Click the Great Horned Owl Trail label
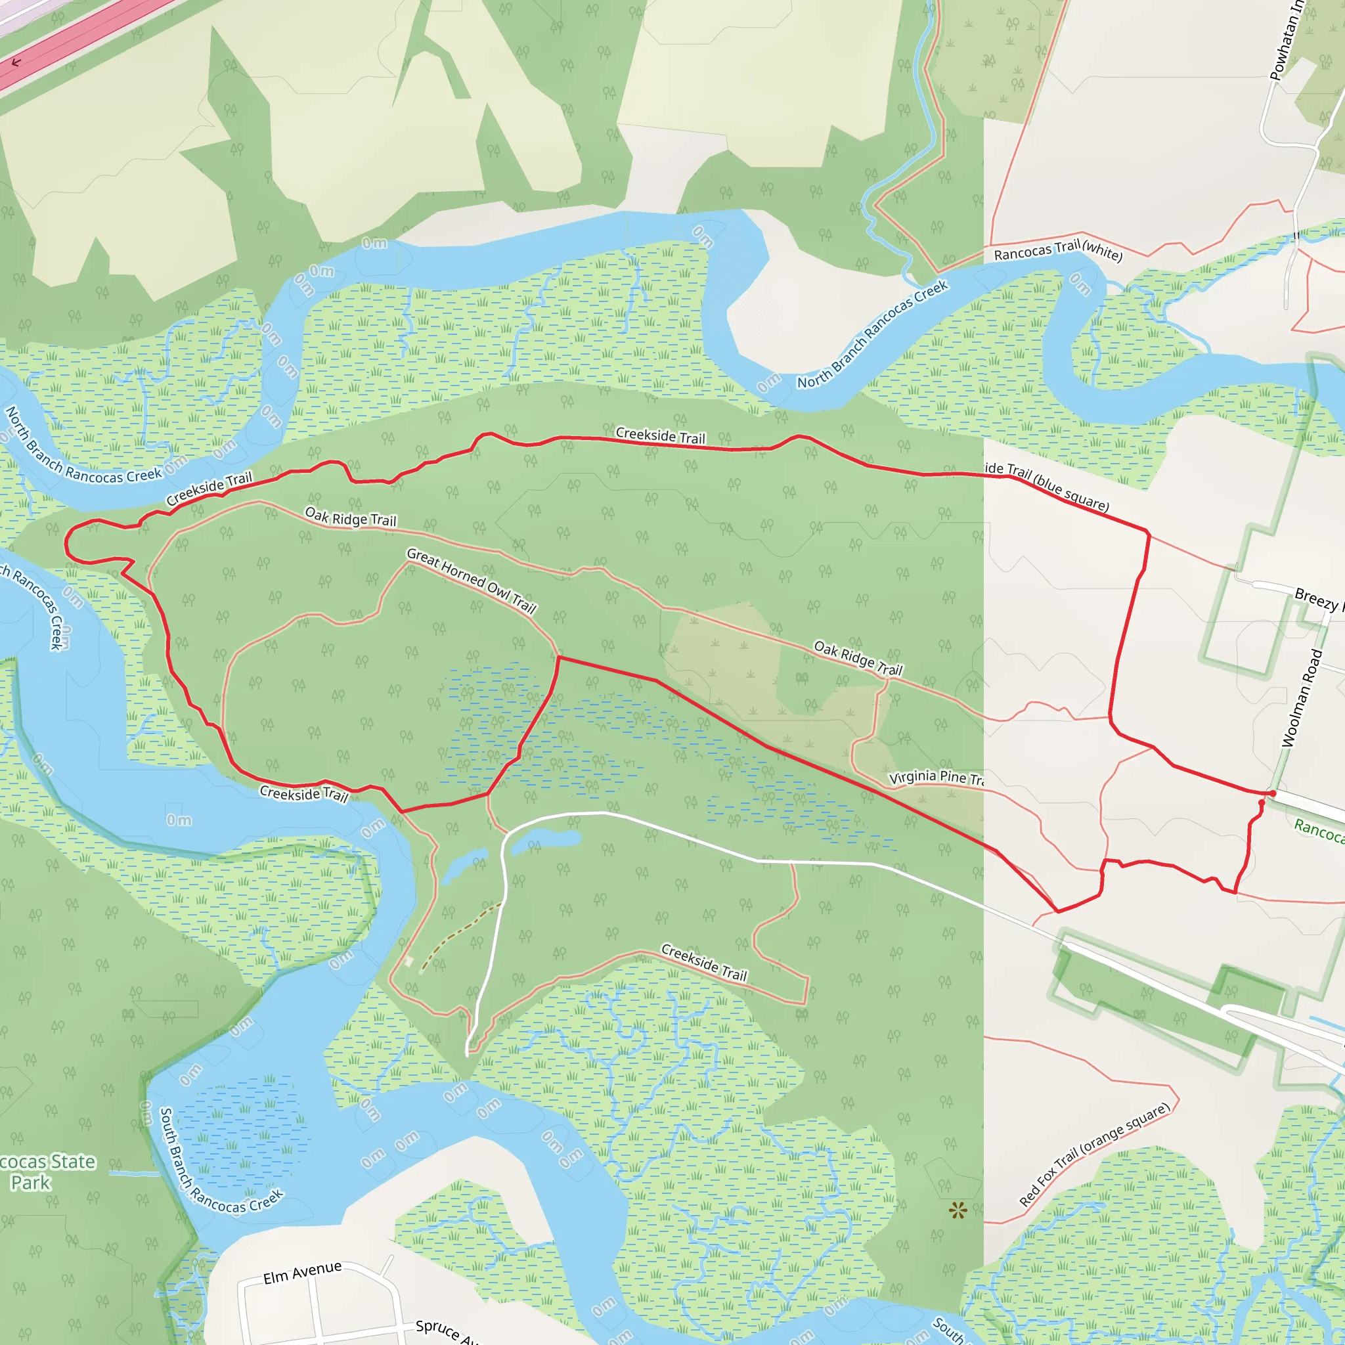tap(472, 581)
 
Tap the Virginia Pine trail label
tap(937, 777)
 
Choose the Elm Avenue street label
tap(302, 1273)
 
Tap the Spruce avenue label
tap(446, 1331)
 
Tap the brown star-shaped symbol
tap(958, 1210)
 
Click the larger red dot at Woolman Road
tap(1273, 793)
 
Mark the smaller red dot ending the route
tap(1262, 803)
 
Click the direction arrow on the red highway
tap(16, 62)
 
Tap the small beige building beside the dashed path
tap(408, 961)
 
